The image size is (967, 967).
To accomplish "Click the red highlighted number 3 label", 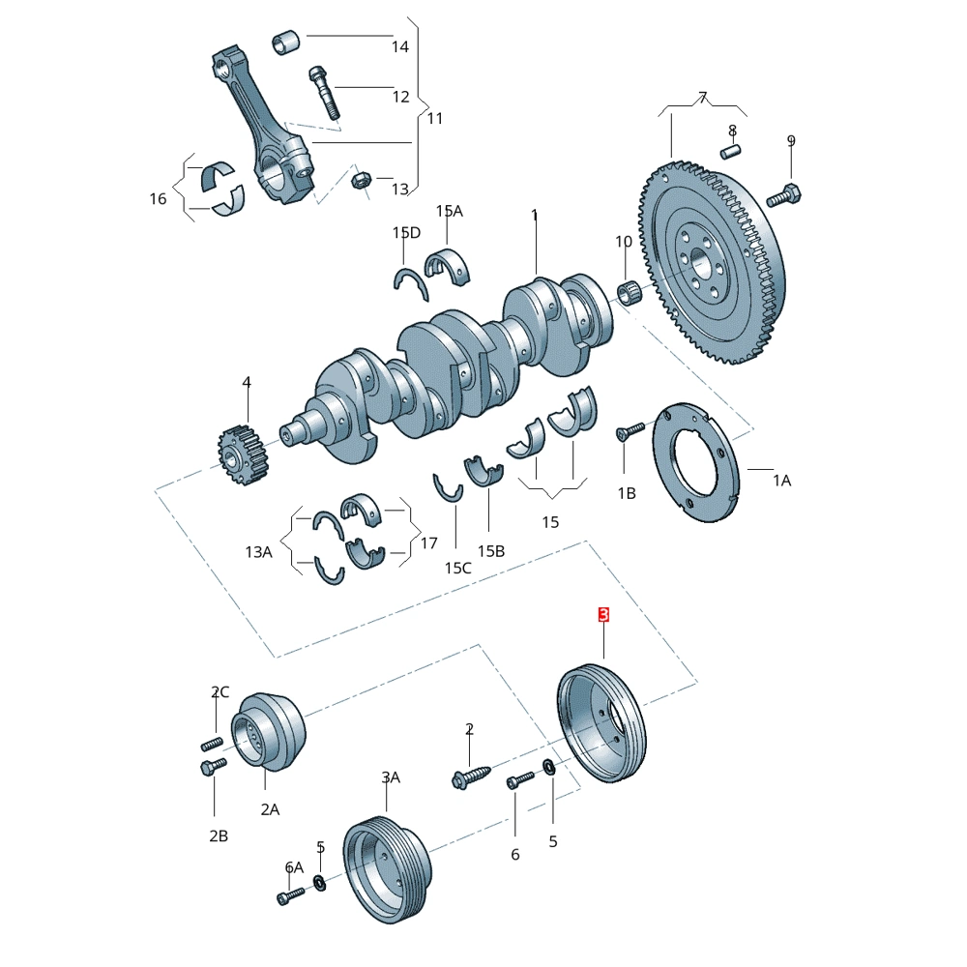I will click(x=603, y=615).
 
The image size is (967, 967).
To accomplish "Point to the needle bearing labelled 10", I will click(x=630, y=290).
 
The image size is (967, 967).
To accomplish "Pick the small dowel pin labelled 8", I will click(x=734, y=150).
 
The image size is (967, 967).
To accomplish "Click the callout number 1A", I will click(x=780, y=480).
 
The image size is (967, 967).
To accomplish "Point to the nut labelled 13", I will click(x=359, y=180).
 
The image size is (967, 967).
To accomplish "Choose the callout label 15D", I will click(x=406, y=233).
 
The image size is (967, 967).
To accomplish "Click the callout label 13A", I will click(x=258, y=552).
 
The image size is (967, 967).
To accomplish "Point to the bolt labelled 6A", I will click(x=287, y=897).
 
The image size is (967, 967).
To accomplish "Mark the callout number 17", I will click(x=428, y=543).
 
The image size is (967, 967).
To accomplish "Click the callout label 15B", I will click(x=491, y=551).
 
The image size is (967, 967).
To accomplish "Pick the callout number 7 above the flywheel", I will click(x=703, y=97).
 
